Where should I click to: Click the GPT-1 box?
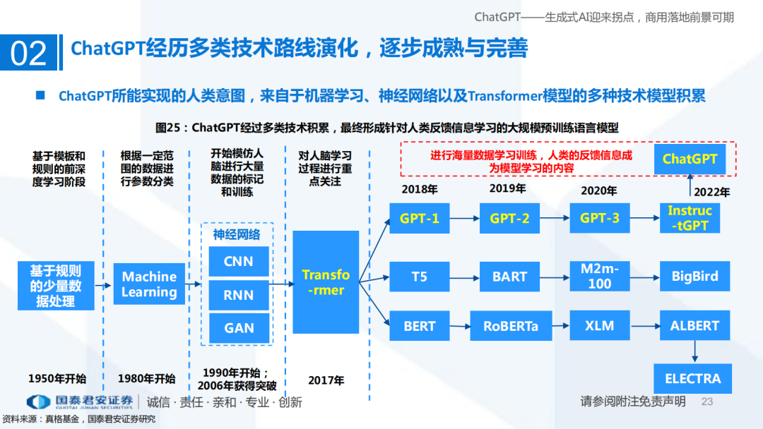[419, 218]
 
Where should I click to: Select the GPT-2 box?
[509, 218]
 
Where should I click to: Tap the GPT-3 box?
[599, 218]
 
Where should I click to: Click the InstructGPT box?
[690, 218]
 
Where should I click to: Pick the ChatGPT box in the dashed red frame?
[690, 159]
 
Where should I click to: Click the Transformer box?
[326, 282]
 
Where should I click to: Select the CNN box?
[239, 262]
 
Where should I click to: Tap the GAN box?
[239, 328]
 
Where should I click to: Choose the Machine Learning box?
[149, 284]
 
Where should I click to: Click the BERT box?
[419, 326]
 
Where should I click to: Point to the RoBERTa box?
[510, 326]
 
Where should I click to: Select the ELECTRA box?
[693, 379]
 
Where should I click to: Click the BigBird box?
[694, 277]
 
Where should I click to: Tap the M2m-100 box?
[599, 277]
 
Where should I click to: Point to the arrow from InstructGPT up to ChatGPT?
[690, 186]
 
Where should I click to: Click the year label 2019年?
[507, 188]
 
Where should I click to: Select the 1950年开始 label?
[57, 378]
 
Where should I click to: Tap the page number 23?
[707, 401]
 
